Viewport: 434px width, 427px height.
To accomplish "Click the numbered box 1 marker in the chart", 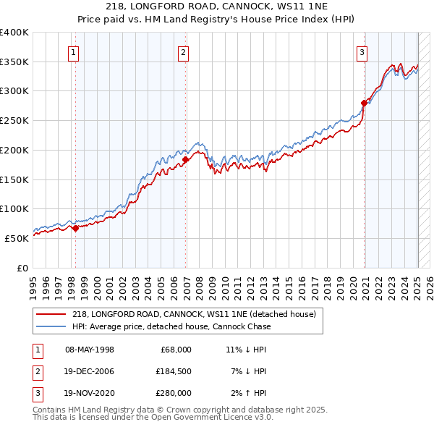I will tap(75, 51).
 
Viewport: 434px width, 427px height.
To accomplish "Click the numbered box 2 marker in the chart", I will tap(184, 51).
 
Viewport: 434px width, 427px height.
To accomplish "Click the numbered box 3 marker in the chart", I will tap(362, 51).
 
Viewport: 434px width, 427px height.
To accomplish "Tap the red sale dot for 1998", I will tap(75, 228).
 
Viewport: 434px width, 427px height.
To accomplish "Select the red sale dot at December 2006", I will tap(186, 159).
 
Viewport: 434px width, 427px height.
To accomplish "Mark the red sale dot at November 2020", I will tap(364, 103).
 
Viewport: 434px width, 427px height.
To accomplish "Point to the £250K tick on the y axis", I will tap(14, 120).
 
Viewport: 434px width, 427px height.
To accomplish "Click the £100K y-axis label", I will tap(14, 208).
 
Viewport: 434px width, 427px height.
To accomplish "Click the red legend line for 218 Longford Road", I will tap(51, 315).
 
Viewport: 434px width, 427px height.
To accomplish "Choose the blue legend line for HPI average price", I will tap(51, 326).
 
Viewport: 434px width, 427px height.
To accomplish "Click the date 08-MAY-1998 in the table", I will tap(90, 350).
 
